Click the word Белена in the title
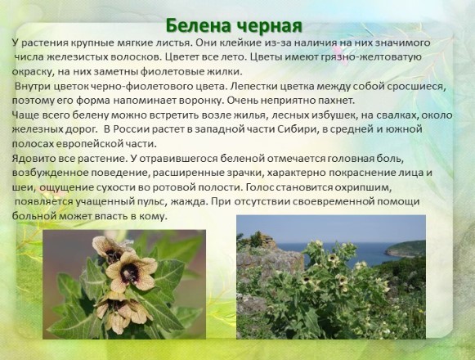pyautogui.click(x=199, y=26)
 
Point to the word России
pyautogui.click(x=131, y=129)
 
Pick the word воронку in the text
pyautogui.click(x=200, y=101)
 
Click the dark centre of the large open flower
pyautogui.click(x=130, y=272)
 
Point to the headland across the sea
pyautogui.click(x=406, y=249)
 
